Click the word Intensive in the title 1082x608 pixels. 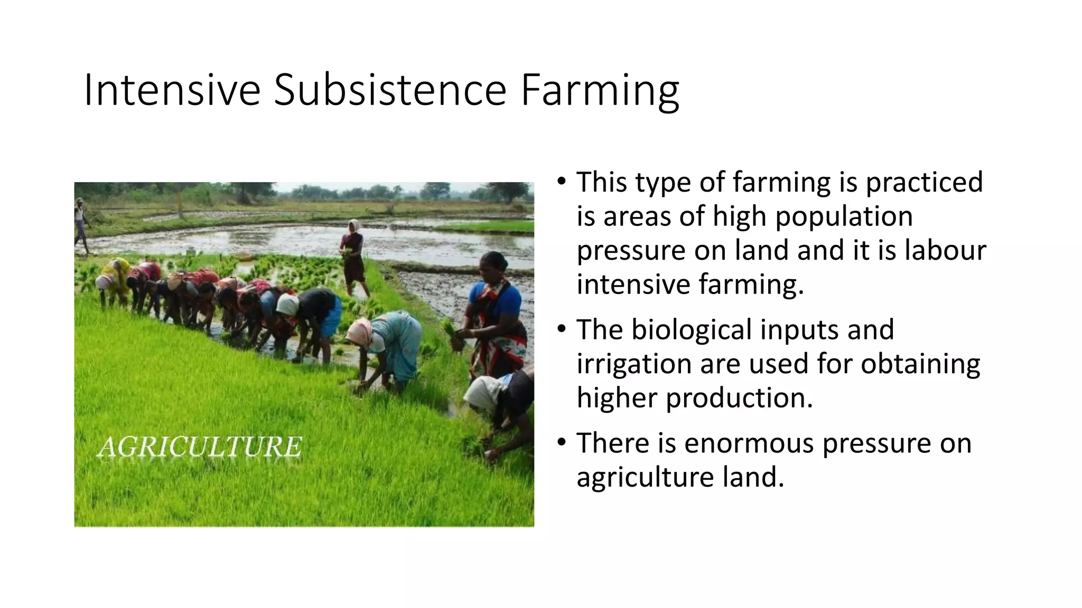(172, 90)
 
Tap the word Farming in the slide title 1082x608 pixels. (599, 90)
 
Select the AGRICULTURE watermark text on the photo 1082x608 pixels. (200, 447)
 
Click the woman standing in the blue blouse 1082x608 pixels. (497, 311)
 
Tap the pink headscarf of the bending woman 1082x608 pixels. (360, 330)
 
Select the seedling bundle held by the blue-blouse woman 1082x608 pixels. (455, 335)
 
